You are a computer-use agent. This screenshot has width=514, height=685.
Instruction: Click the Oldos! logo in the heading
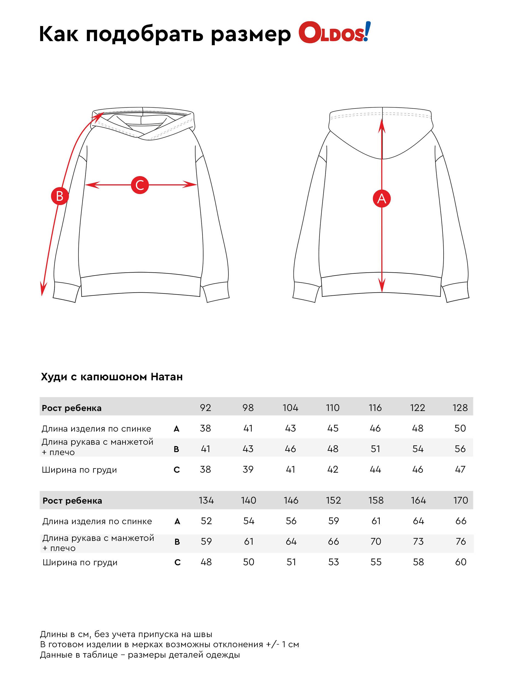point(334,33)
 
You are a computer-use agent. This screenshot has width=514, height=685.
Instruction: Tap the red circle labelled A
point(381,198)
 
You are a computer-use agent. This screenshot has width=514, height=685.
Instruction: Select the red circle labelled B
point(59,196)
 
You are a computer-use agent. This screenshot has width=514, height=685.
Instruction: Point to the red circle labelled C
point(140,185)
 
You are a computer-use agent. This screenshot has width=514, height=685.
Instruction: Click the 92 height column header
point(205,407)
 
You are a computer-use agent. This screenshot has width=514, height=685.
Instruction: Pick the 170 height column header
point(460,500)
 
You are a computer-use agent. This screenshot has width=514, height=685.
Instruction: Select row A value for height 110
point(333,428)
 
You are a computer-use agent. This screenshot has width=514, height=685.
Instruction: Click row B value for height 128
point(460,449)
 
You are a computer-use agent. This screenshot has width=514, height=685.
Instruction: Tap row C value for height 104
point(290,469)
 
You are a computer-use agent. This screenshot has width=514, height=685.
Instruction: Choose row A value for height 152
point(333,521)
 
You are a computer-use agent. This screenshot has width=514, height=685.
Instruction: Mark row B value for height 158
point(376,541)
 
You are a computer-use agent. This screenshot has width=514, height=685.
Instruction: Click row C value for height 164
point(418,562)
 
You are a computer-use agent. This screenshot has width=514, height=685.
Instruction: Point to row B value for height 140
point(248,541)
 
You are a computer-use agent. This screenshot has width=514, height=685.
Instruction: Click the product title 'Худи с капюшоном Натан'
point(112,377)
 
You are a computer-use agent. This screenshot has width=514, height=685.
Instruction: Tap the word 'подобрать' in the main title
point(144,34)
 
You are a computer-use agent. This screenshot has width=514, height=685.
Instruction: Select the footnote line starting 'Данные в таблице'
point(140,655)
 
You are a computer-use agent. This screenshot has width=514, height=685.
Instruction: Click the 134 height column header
point(206,500)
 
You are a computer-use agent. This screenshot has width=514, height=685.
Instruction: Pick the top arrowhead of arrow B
point(100,115)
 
